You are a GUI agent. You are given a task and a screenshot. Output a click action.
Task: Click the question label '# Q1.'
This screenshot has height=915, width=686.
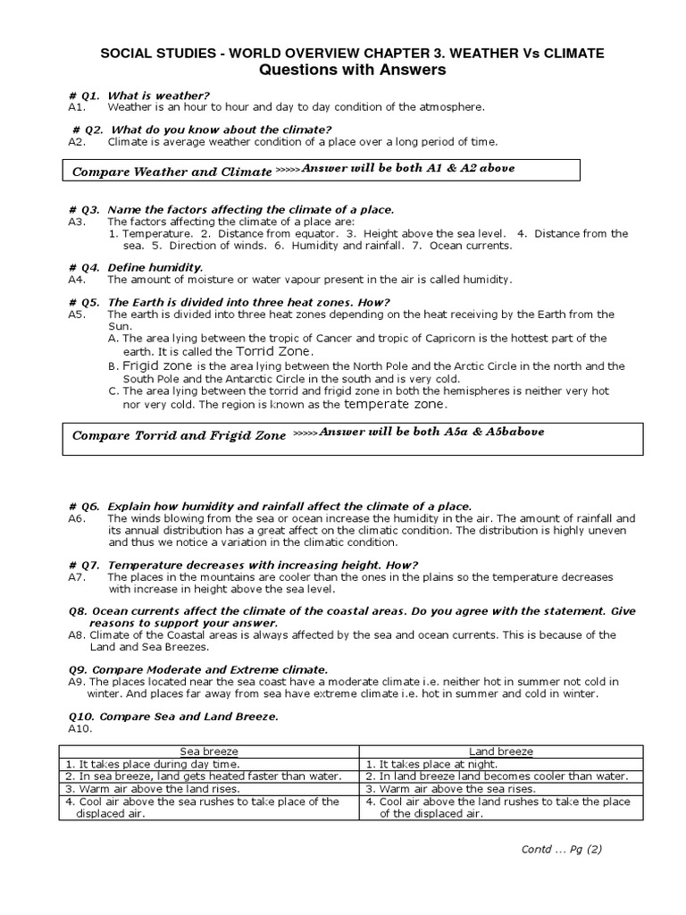tap(84, 95)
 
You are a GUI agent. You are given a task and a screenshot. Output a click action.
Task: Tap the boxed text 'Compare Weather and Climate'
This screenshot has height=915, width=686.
tap(171, 171)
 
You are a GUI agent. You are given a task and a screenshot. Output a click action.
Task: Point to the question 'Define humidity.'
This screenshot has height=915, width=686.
tap(155, 267)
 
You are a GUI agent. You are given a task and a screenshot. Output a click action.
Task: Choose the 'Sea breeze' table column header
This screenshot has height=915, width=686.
tap(210, 751)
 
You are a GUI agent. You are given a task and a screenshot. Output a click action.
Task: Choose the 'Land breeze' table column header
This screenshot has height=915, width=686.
tap(500, 751)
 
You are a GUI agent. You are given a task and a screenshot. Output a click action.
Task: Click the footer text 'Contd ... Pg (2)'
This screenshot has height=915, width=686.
tap(561, 849)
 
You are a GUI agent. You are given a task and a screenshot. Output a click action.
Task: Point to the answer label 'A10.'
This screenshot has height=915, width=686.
tap(79, 728)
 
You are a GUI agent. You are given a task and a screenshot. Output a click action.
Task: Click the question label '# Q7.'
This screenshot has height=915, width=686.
tap(84, 564)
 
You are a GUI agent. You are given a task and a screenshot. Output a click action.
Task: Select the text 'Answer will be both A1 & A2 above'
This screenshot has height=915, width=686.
tap(408, 168)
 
